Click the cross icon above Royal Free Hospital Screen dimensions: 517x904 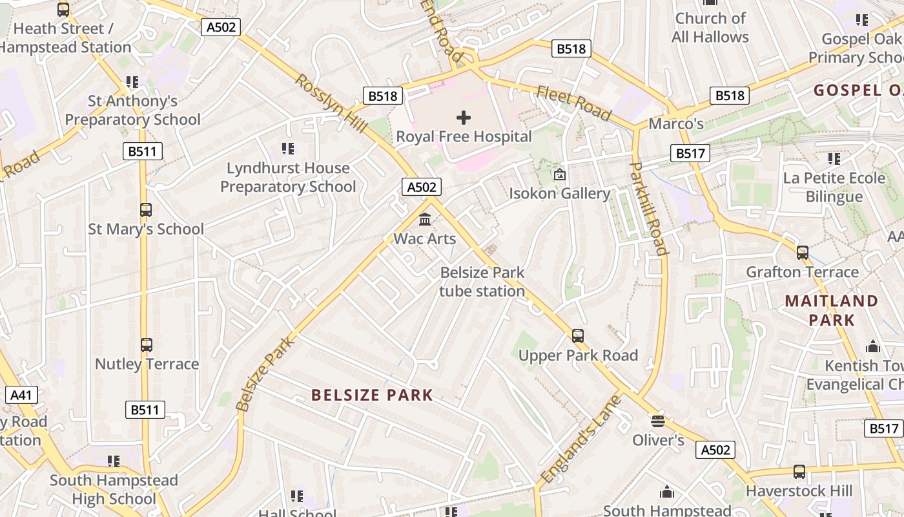(464, 118)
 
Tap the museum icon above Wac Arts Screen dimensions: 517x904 (425, 220)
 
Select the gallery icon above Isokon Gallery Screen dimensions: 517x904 (560, 174)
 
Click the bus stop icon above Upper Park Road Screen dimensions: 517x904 (577, 336)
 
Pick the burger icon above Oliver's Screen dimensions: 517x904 (657, 421)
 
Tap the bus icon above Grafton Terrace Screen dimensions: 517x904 (802, 253)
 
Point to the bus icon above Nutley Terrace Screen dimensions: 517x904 (147, 345)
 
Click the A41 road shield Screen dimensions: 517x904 (21, 395)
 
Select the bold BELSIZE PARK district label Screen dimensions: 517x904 (372, 395)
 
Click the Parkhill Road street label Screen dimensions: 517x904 (648, 208)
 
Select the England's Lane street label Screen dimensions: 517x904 (580, 439)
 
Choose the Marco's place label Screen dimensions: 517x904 (676, 123)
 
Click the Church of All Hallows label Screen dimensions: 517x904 (710, 28)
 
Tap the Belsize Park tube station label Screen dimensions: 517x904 (482, 282)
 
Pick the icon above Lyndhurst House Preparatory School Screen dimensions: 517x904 (288, 149)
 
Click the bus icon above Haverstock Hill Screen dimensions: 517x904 (799, 472)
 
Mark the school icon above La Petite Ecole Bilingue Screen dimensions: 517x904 (834, 158)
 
